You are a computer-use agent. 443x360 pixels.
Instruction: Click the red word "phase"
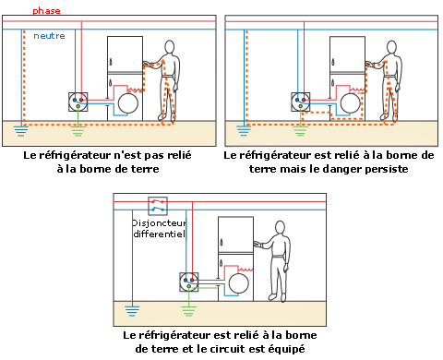point(46,11)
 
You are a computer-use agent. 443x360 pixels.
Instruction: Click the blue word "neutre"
point(50,36)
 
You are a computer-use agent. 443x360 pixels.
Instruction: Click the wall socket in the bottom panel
point(189,281)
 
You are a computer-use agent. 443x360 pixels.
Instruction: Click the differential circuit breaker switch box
point(162,207)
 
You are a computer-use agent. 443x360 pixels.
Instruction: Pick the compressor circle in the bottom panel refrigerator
point(241,280)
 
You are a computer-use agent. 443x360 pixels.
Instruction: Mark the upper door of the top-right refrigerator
point(346,54)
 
